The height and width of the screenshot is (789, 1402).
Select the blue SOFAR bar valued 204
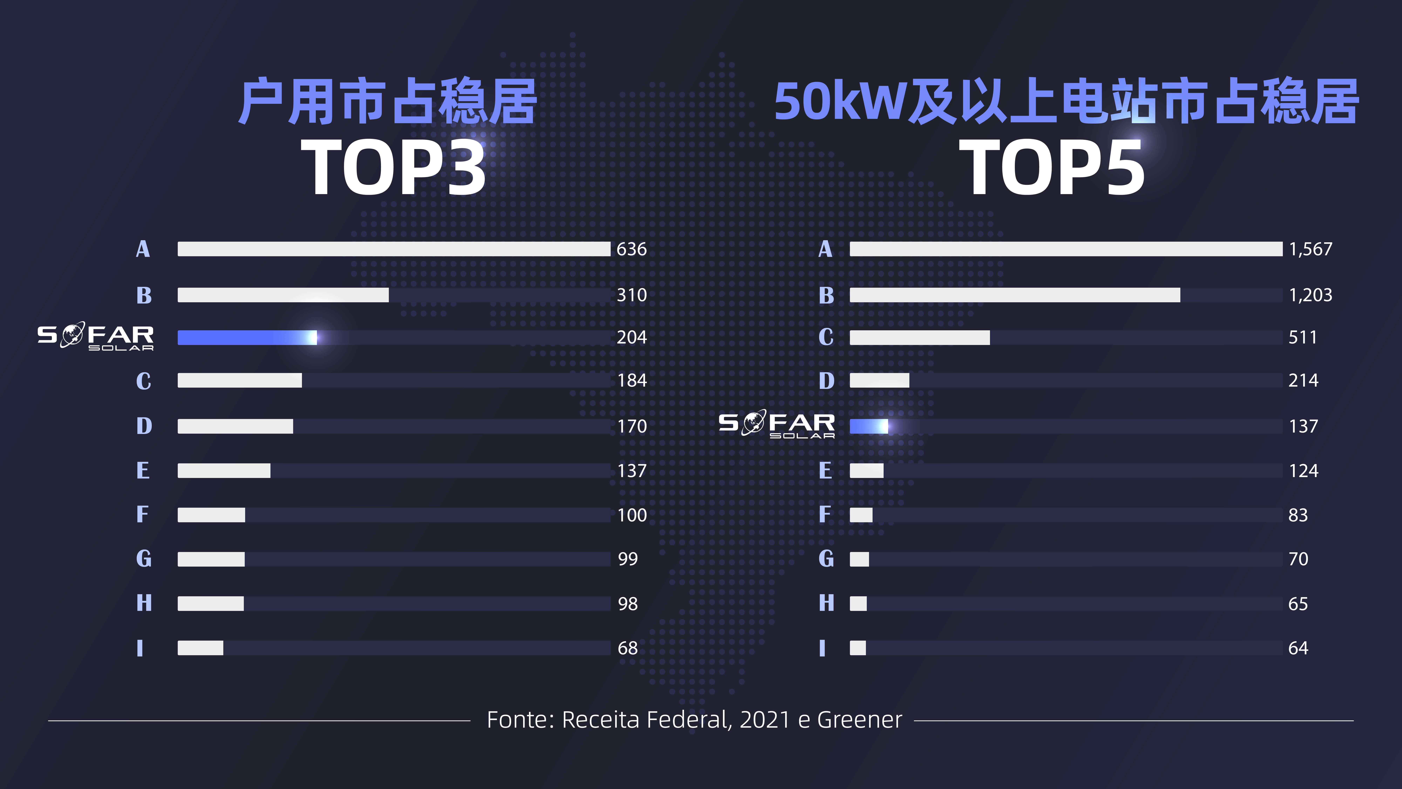pos(247,338)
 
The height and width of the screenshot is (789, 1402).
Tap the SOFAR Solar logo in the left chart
pos(95,336)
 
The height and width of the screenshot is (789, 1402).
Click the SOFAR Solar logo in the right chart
pos(777,424)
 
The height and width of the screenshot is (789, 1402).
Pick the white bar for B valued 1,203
pos(1015,295)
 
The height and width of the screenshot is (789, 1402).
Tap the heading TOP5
pos(1051,167)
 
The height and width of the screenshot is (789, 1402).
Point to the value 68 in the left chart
pos(628,648)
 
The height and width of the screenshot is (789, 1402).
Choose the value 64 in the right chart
pos(1298,648)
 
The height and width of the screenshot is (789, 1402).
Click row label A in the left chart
pos(143,249)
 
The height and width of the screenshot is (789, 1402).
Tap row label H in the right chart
pos(826,603)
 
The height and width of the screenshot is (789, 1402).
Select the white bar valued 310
pos(283,295)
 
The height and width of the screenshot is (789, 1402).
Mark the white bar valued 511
pos(919,338)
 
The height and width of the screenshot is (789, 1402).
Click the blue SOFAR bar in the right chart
pos(869,426)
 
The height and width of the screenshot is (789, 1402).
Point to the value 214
pos(1303,380)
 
